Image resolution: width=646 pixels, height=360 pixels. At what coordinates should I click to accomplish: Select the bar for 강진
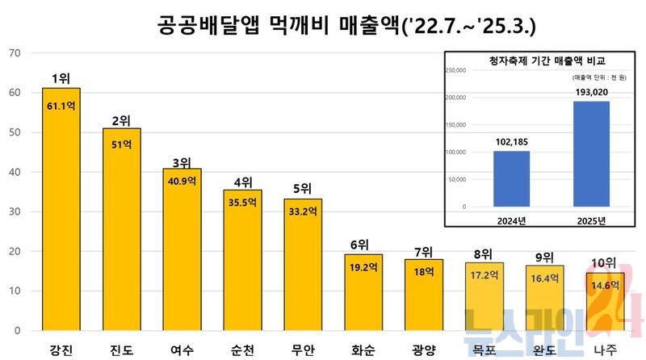point(61,210)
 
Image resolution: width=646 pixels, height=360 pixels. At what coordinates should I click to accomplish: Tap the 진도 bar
point(121,230)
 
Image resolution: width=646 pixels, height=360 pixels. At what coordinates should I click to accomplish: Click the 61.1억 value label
point(61,106)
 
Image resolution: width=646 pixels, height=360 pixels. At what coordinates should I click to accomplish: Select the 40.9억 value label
point(182,181)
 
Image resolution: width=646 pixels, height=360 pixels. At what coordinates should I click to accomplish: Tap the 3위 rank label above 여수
point(182,161)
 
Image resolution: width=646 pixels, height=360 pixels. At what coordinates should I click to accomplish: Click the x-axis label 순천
point(242,350)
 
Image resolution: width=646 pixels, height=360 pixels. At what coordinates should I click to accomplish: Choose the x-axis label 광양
point(423,350)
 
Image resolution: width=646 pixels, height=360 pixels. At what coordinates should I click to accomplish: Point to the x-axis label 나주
point(605,350)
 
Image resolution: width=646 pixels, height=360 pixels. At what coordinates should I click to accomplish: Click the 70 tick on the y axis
point(15,53)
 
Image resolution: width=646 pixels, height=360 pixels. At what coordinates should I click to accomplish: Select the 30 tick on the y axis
point(15,211)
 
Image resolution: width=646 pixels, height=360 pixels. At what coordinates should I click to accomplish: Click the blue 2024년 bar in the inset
point(512,178)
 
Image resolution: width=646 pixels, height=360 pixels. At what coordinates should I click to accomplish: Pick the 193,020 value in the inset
point(592,92)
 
